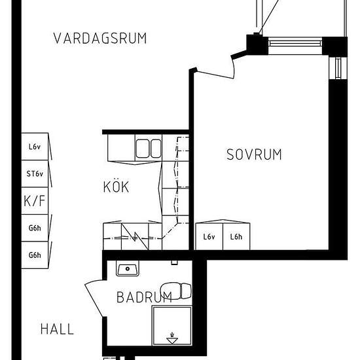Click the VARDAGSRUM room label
tap(100, 39)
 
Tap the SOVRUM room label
tap(254, 154)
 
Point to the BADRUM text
tap(144, 297)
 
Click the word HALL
tap(57, 329)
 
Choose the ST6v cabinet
tap(35, 173)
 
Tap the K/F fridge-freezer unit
tap(35, 201)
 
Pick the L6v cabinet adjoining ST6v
tap(35, 147)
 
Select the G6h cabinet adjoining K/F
tap(35, 228)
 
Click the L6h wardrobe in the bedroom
tap(236, 236)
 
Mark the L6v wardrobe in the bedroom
tap(209, 236)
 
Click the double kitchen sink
tap(149, 149)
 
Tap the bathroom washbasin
tap(128, 268)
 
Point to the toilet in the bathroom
tap(175, 291)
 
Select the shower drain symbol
tap(172, 338)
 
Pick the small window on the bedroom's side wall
tap(338, 68)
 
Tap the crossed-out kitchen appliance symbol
tap(135, 236)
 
